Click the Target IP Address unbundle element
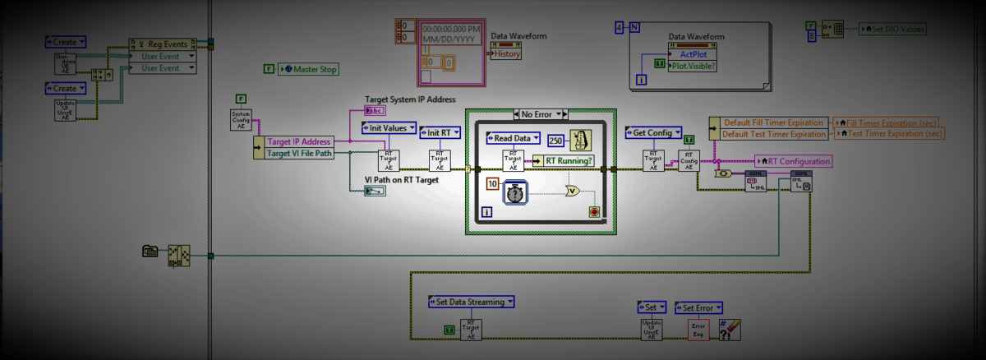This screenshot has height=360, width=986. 298,141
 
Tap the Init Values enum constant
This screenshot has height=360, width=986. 386,128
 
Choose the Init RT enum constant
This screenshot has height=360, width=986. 441,132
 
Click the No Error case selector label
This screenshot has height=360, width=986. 539,113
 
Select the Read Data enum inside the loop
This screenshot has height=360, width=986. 514,138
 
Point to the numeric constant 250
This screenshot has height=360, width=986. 555,141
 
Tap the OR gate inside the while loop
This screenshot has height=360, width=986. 572,191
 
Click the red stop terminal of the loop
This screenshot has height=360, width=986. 594,212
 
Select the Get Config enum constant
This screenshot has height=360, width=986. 653,132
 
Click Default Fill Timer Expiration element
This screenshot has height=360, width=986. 772,122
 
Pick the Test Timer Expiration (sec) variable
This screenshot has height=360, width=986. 891,133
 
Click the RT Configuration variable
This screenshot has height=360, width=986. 793,161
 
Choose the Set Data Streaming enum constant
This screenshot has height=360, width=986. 470,302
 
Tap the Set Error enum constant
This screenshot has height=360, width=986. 698,307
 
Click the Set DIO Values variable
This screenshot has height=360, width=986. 892,29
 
